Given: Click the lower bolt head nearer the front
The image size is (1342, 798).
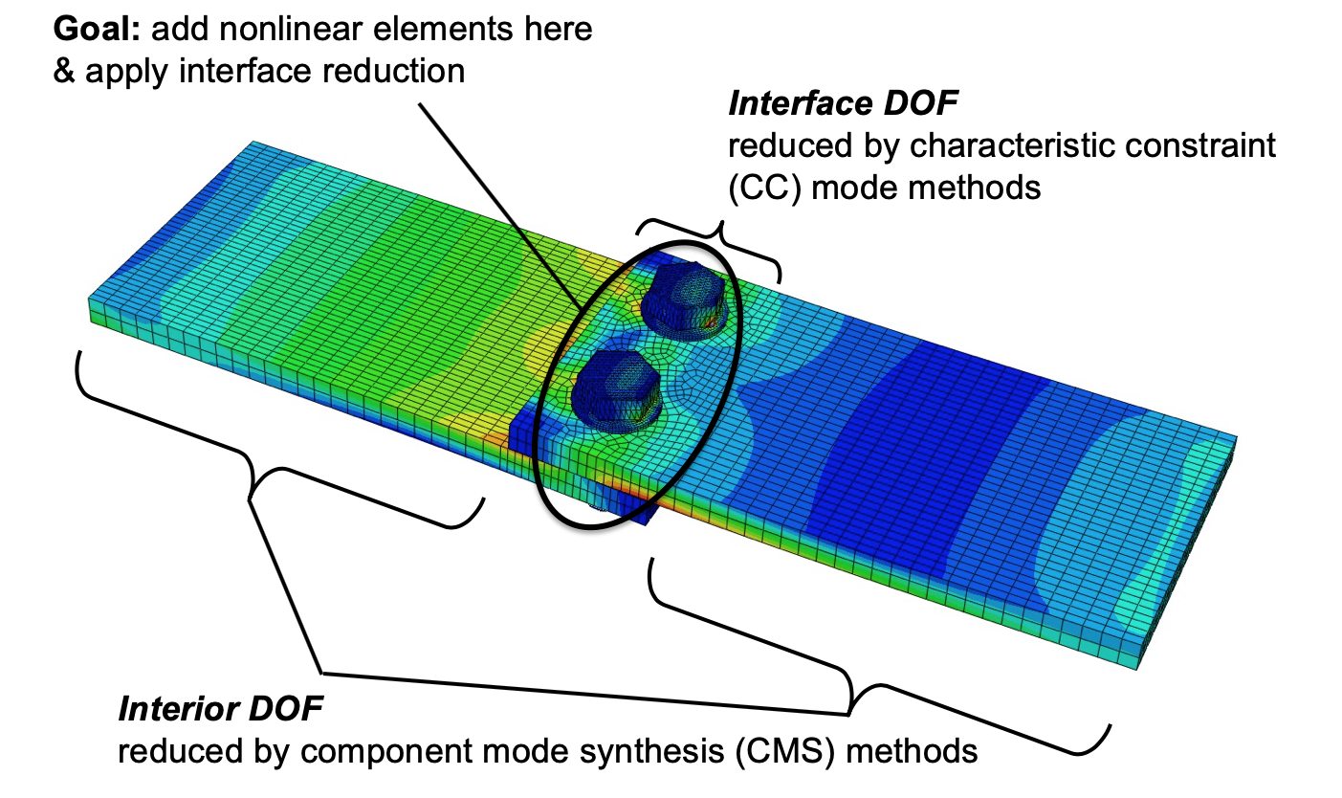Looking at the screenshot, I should [x=617, y=383].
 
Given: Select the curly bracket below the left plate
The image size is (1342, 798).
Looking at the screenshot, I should [x=258, y=459].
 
